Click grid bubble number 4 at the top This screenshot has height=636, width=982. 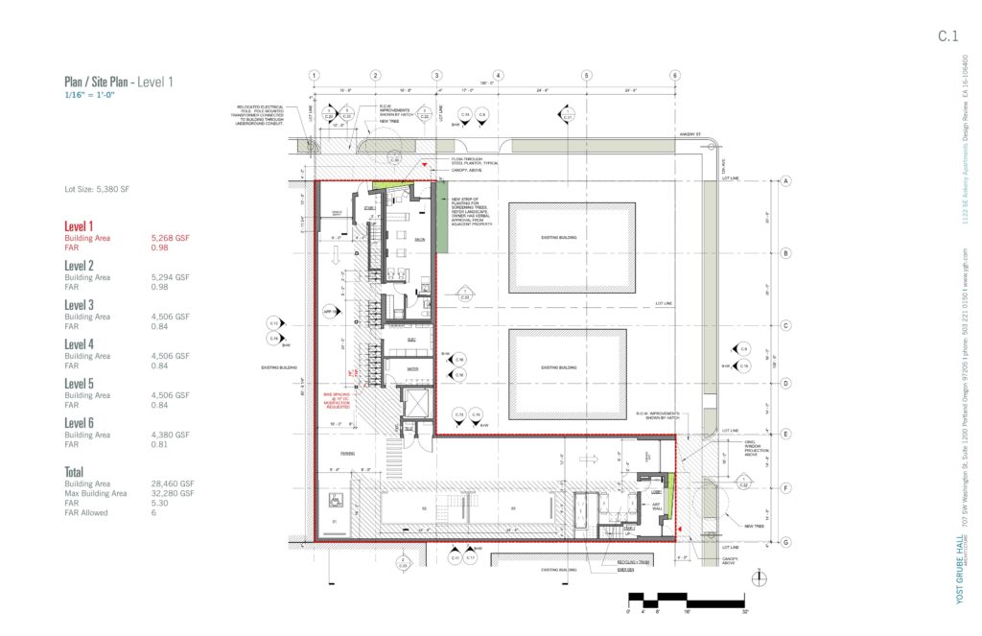(x=499, y=75)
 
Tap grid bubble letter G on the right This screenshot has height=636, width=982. (x=785, y=543)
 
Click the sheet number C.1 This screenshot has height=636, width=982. (x=947, y=36)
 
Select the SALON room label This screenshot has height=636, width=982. (x=419, y=239)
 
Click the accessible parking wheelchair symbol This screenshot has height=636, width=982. (x=334, y=499)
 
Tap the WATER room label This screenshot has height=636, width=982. (x=413, y=367)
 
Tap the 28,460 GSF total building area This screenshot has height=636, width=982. (x=172, y=484)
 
